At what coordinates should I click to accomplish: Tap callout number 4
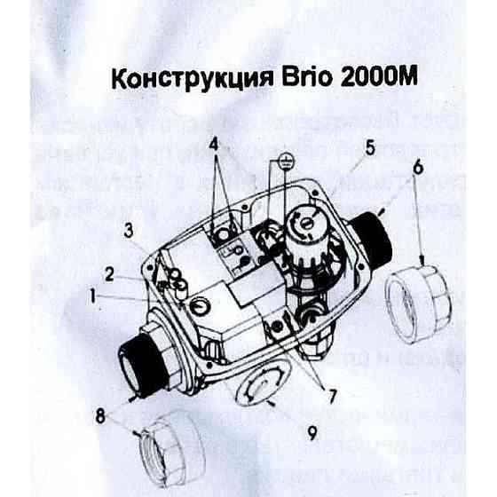pos(214,144)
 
